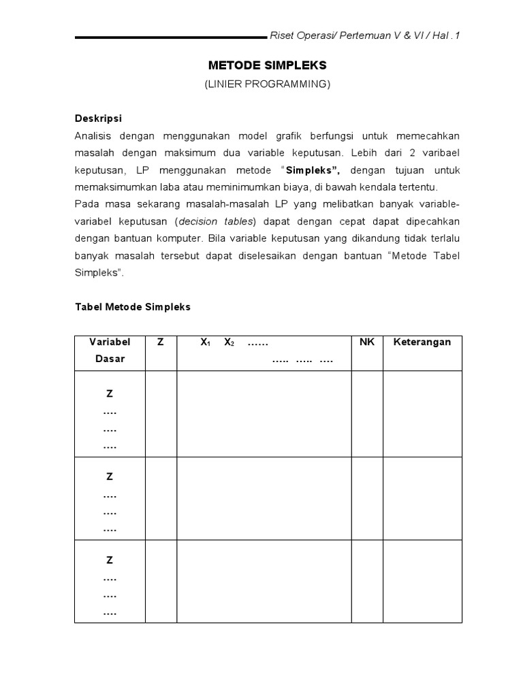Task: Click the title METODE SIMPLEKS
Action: tap(267, 65)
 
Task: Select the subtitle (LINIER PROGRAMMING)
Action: tap(267, 84)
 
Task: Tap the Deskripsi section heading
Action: tap(98, 118)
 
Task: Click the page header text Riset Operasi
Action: tap(297, 36)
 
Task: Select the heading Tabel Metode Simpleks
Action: tap(132, 307)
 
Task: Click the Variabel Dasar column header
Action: tap(110, 350)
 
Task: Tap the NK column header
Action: tap(367, 342)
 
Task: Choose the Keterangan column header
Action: tap(422, 342)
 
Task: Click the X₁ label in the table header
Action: tap(205, 343)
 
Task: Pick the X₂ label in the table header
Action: tap(229, 343)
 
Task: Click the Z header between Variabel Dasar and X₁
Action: tap(161, 342)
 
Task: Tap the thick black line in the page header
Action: tap(170, 37)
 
